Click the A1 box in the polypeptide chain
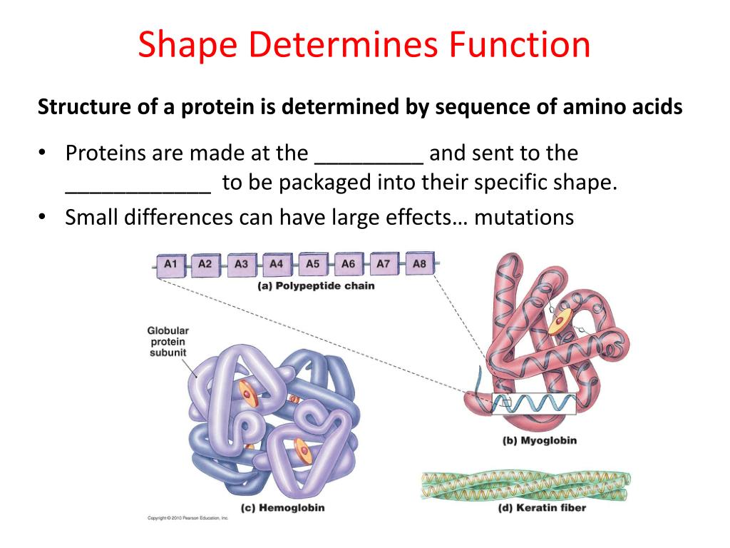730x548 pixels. (x=170, y=265)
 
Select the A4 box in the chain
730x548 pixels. (x=277, y=265)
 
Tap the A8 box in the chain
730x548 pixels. (x=419, y=263)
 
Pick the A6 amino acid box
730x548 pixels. (x=348, y=265)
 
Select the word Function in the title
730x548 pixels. (x=520, y=46)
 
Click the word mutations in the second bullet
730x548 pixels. (x=524, y=217)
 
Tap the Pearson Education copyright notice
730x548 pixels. (x=187, y=517)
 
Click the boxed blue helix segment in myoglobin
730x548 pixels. (x=534, y=405)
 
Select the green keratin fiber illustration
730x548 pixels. (x=525, y=484)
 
